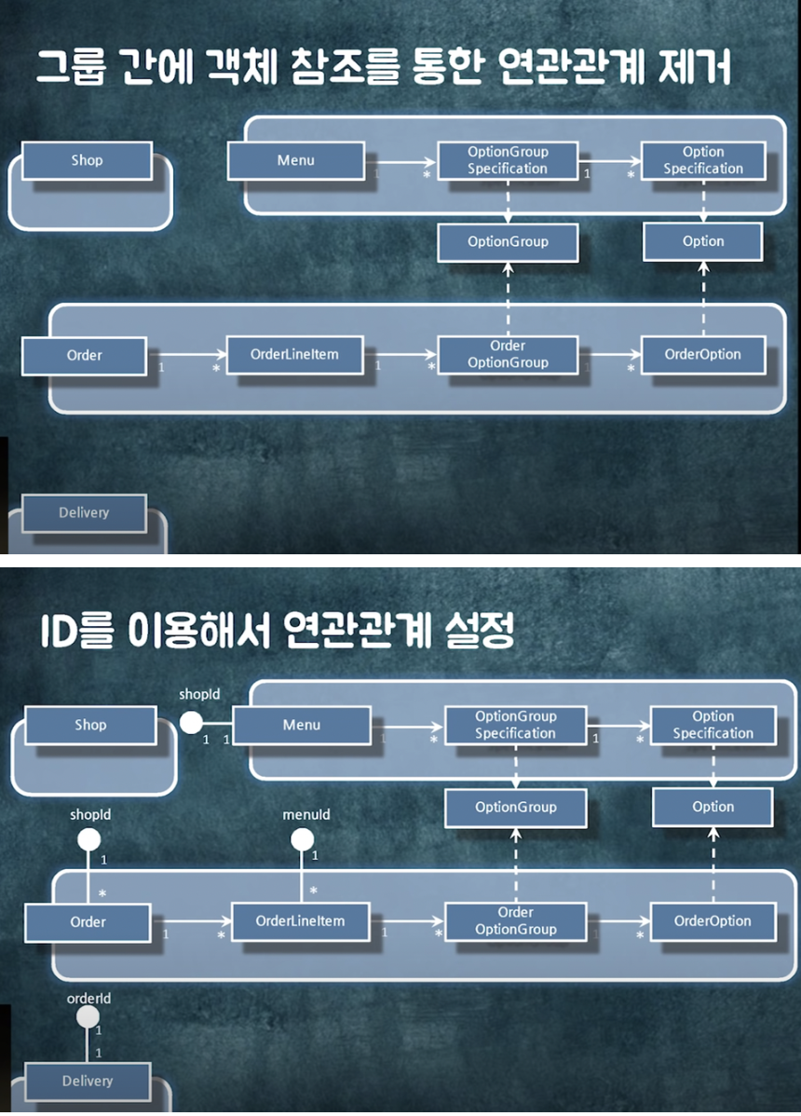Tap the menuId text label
pos(305,815)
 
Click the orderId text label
pos(89,999)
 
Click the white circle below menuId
pos(302,839)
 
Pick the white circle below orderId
pos(88,1016)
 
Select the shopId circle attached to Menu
pos(191,722)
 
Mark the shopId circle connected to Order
pos(88,839)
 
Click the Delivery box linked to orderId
pos(88,1082)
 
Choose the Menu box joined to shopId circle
pos(301,725)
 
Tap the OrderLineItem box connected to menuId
pos(300,921)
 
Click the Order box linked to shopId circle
pos(88,922)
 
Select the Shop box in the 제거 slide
pos(87,160)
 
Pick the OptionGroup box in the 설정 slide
pos(515,807)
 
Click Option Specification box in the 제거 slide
pos(703,160)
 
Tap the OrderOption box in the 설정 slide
pos(713,921)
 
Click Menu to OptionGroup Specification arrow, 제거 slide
pos(400,161)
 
